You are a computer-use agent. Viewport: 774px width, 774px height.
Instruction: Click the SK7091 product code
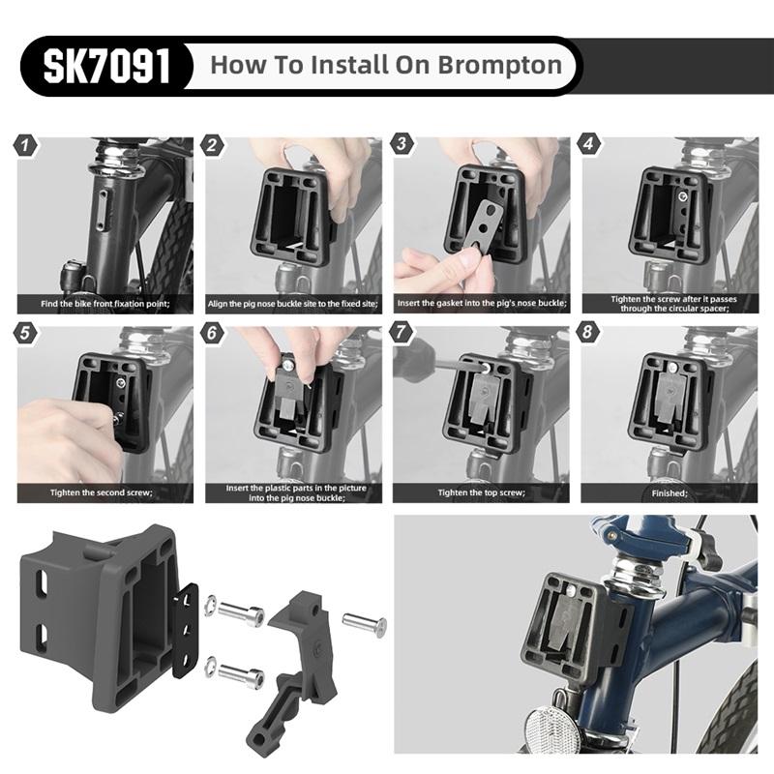click(x=106, y=66)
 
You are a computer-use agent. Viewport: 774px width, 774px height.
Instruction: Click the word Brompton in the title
click(x=499, y=66)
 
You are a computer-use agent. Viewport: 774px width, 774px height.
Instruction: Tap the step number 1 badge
click(x=26, y=145)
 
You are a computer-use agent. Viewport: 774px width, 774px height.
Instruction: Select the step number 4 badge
click(x=588, y=143)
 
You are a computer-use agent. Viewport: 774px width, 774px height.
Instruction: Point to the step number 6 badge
click(x=212, y=333)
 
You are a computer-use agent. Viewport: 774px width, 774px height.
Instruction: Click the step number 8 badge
click(x=587, y=331)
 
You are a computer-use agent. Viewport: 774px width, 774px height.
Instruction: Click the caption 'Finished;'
click(x=670, y=493)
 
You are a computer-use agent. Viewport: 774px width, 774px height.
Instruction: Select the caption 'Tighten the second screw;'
click(x=102, y=492)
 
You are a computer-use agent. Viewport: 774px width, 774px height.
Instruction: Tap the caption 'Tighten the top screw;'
click(x=481, y=492)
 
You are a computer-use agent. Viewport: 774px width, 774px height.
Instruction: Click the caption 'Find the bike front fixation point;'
click(x=105, y=304)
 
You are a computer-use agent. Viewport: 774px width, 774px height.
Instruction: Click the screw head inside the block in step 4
click(x=682, y=197)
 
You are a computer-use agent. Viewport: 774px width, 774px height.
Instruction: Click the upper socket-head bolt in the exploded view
click(x=241, y=613)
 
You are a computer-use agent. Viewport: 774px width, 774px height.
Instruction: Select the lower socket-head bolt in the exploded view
click(x=241, y=673)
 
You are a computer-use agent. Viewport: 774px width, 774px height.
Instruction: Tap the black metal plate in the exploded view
click(x=185, y=630)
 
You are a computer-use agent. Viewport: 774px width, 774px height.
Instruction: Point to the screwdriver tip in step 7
click(x=485, y=368)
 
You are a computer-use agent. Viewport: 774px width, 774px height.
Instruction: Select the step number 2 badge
click(x=212, y=145)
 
